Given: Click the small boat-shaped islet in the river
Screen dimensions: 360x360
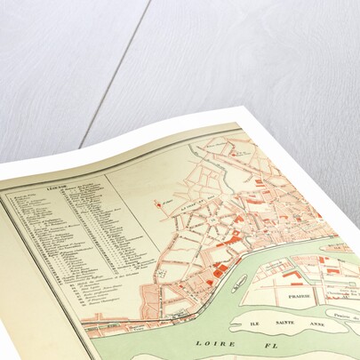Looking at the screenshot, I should (239, 284).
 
